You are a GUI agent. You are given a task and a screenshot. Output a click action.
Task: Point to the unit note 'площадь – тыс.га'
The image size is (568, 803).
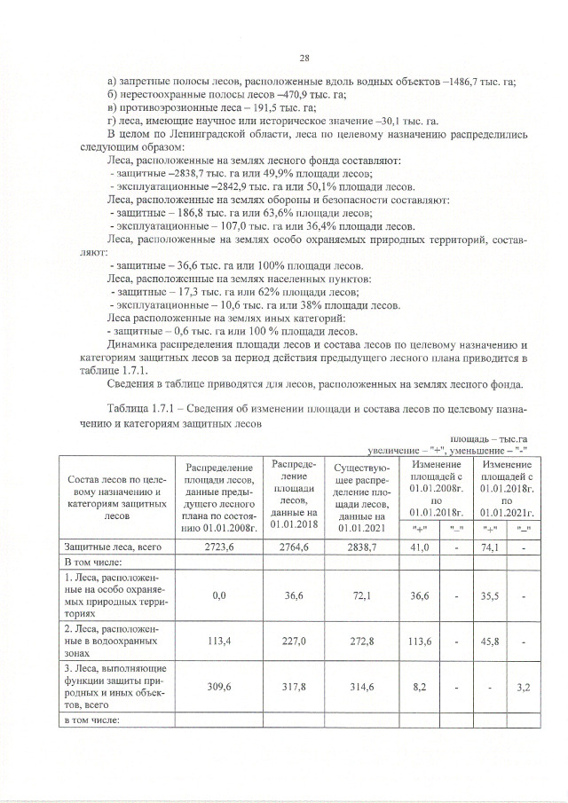(490, 439)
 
